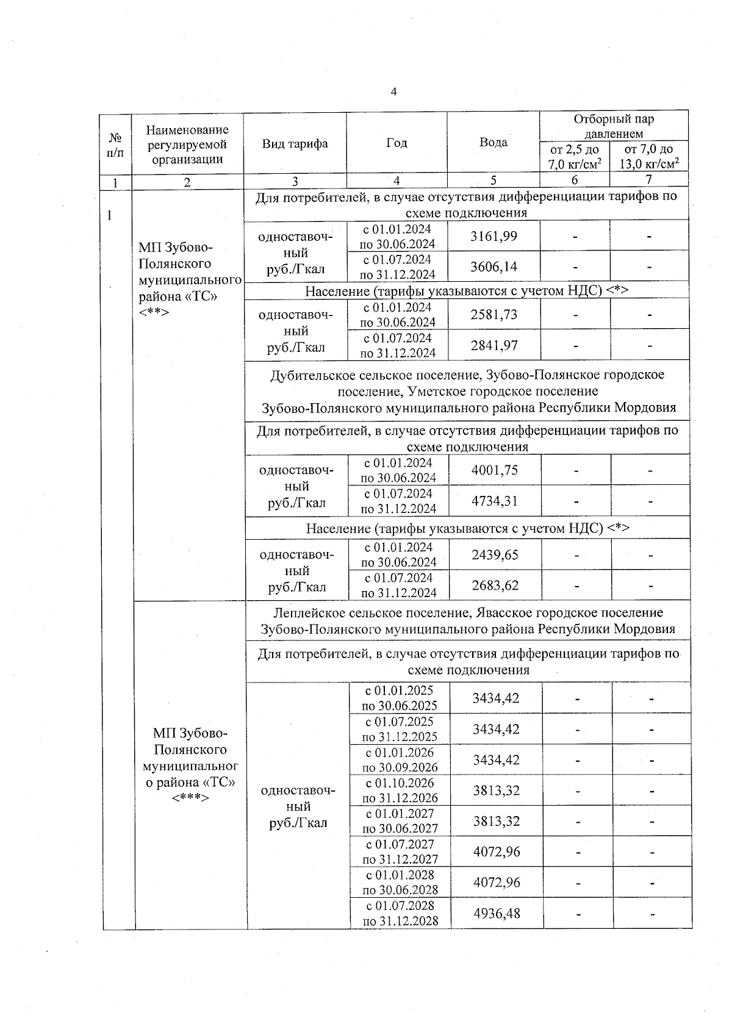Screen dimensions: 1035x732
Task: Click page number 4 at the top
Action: click(393, 92)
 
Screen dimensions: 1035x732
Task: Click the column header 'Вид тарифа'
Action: click(295, 144)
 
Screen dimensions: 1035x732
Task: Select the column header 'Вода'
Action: click(493, 142)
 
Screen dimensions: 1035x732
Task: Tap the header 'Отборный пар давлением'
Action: click(614, 126)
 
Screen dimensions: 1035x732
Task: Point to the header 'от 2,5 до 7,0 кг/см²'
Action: click(575, 157)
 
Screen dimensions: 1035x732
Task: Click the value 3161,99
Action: click(493, 236)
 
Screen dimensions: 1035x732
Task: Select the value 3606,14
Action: click(493, 267)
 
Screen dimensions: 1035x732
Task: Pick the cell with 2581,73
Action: click(493, 315)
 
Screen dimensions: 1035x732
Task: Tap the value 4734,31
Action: click(495, 501)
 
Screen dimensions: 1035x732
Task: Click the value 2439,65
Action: click(495, 555)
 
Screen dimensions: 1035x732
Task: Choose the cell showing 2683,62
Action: click(495, 586)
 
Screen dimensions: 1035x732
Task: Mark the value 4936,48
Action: click(497, 914)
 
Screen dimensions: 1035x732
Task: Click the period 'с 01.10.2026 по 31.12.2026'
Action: click(400, 790)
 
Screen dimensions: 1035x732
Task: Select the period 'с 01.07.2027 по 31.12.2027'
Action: click(400, 852)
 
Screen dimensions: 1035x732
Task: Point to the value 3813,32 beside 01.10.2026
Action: click(496, 790)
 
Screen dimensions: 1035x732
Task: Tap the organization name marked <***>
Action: click(190, 765)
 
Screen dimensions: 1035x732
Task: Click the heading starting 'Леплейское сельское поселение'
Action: click(468, 621)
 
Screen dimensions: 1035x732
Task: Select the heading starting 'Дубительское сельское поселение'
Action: click(468, 391)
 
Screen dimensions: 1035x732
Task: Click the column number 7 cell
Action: click(649, 180)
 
